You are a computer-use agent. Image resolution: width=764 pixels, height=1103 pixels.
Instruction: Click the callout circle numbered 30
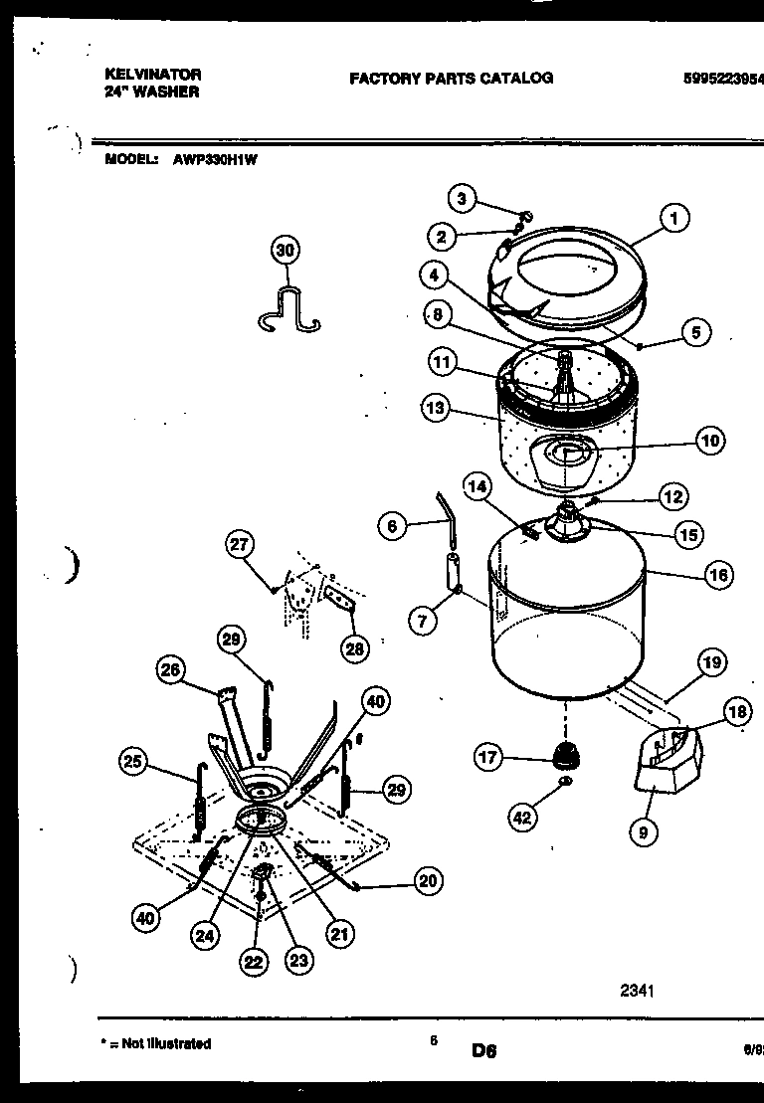coord(286,251)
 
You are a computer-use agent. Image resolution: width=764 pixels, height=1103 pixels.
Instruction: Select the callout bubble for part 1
coord(674,218)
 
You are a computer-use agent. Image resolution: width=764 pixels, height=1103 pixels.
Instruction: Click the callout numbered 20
coord(428,880)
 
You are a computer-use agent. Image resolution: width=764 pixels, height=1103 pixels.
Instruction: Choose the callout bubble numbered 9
coord(643,831)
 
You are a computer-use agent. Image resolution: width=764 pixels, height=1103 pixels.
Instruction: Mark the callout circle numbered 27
coord(240,544)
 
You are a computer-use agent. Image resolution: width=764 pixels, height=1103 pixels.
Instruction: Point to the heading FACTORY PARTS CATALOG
coord(451,78)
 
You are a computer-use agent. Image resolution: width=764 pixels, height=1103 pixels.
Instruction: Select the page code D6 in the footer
coord(484,1049)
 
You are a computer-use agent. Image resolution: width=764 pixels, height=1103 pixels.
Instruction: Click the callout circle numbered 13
coord(433,407)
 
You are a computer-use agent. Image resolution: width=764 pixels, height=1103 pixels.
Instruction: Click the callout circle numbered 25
coord(131,763)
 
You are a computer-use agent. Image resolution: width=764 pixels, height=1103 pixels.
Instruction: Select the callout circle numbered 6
coord(393,526)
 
